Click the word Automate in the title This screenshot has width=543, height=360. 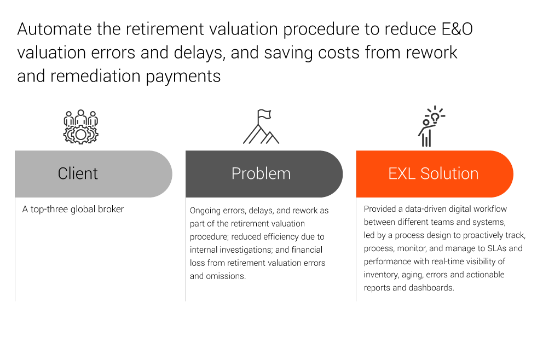pyautogui.click(x=55, y=29)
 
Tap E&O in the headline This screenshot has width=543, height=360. pyautogui.click(x=457, y=29)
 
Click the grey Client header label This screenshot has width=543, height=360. pyautogui.click(x=78, y=173)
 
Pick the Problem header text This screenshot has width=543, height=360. pyautogui.click(x=261, y=173)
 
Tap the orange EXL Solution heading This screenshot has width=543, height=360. pyautogui.click(x=433, y=173)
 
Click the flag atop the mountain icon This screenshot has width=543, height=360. pyautogui.click(x=264, y=114)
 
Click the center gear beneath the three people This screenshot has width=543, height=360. pyautogui.click(x=80, y=135)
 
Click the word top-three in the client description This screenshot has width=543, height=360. pyautogui.click(x=49, y=210)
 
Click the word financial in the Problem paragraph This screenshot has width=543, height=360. pyautogui.click(x=307, y=250)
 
